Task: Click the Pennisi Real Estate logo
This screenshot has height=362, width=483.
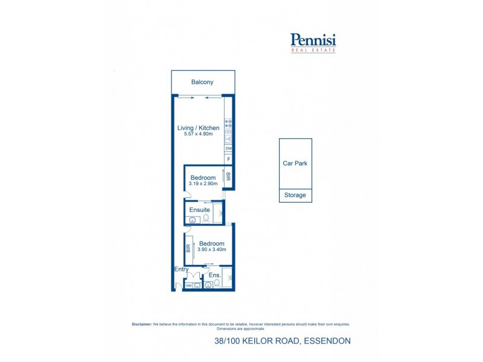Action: [x=313, y=42]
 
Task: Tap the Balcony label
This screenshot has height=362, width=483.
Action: [x=202, y=82]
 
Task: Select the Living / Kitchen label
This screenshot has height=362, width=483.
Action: [x=198, y=128]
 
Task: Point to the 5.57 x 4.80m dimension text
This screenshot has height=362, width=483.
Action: [x=198, y=134]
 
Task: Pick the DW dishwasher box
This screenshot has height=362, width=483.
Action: [x=229, y=148]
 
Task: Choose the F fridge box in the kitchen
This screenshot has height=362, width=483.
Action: [x=229, y=159]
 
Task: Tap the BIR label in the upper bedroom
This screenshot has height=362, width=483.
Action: [x=228, y=177]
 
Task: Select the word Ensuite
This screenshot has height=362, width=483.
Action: [x=199, y=210]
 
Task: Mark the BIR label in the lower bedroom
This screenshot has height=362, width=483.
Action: [x=188, y=247]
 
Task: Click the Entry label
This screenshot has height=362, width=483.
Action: [x=181, y=270]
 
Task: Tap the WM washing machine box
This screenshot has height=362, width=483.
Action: [x=188, y=285]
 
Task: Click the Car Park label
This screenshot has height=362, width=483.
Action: [x=295, y=164]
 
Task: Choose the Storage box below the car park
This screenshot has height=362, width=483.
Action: [x=295, y=195]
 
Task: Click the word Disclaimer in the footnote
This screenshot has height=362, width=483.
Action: [x=142, y=324]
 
